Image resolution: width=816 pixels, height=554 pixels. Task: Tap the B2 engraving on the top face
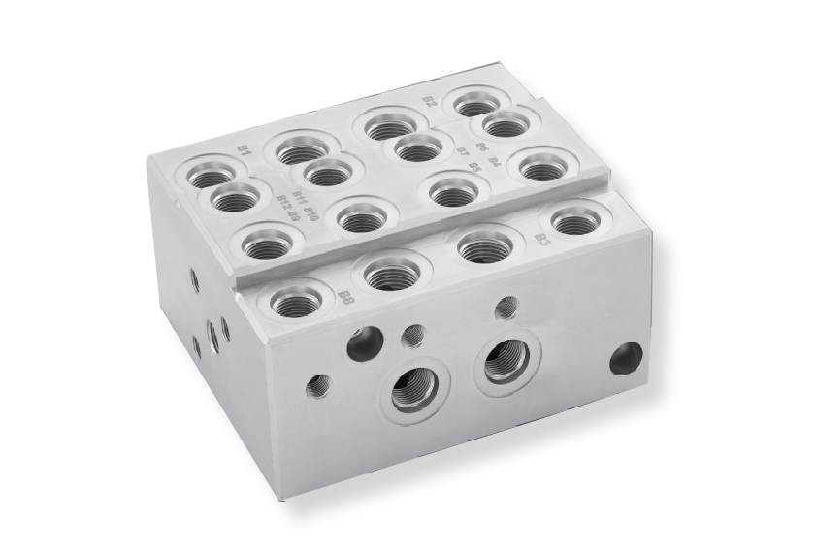coord(430,100)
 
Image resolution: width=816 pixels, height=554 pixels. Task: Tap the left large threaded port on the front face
coord(414,393)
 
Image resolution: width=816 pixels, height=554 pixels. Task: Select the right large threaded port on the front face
coord(506,363)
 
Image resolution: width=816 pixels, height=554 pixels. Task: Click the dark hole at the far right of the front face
coord(626,359)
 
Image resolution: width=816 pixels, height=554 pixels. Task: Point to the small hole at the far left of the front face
coord(317,387)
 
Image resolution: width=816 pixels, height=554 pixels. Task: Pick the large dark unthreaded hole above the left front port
coord(366,343)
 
